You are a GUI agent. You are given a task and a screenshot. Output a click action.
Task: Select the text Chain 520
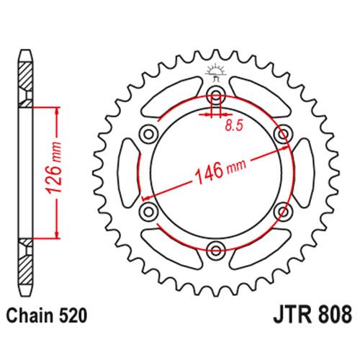point(48,315)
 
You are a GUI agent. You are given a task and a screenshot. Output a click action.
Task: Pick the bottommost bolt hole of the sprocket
point(215,249)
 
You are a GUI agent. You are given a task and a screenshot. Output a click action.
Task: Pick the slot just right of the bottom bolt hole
point(256,247)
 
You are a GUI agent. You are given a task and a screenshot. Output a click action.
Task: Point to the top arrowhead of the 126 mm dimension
point(54,110)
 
